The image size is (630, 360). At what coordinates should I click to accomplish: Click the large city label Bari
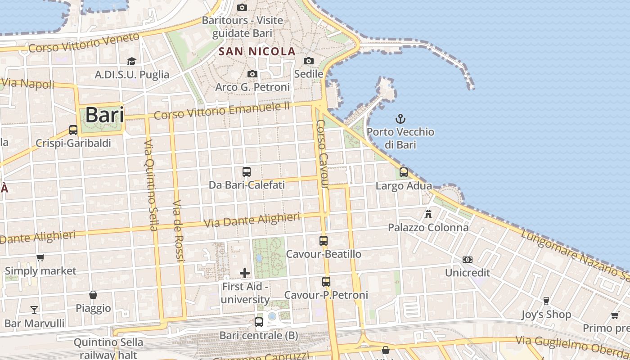[x=104, y=114]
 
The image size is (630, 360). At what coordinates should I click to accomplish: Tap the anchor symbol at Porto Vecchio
[x=400, y=119]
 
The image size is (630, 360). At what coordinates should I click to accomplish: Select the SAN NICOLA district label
[x=257, y=51]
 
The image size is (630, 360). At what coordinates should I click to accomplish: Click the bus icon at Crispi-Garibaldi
[x=73, y=130]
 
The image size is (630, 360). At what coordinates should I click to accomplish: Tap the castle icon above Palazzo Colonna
[x=428, y=214]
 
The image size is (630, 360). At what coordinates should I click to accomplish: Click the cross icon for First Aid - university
[x=245, y=273]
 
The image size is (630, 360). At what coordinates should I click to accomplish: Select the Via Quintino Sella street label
[x=151, y=185]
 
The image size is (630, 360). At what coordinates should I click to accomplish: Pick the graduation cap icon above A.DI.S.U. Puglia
[x=131, y=61]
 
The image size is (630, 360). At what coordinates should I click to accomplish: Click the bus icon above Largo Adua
[x=404, y=172]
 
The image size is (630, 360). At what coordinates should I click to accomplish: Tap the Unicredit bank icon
[x=468, y=260]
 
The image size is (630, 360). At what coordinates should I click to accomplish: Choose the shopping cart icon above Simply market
[x=40, y=258]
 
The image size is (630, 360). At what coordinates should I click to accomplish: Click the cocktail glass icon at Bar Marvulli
[x=34, y=310]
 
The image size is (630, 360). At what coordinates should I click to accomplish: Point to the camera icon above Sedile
[x=309, y=61]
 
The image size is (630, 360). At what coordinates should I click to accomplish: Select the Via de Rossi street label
[x=179, y=230]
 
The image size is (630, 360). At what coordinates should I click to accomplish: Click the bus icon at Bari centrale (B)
[x=259, y=322]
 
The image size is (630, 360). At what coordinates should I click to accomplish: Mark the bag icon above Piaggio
[x=93, y=295]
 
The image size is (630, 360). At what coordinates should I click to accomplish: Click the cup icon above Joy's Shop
[x=546, y=301]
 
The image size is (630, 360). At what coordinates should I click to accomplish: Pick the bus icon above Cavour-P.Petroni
[x=326, y=282]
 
